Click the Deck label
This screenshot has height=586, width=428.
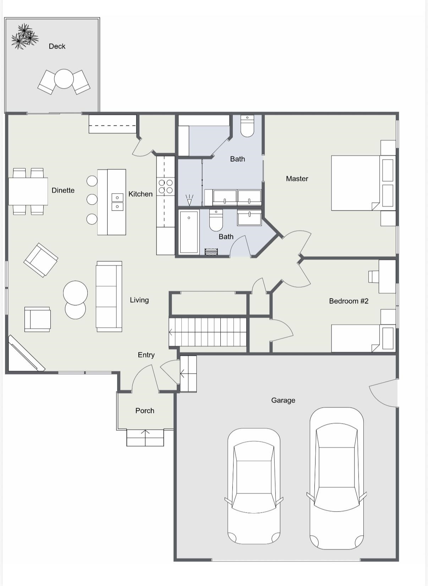[57, 46]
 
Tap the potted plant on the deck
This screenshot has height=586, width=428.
[24, 37]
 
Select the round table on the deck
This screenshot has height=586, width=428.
[64, 78]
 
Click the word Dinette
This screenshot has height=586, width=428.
[63, 190]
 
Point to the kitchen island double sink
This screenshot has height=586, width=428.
[117, 202]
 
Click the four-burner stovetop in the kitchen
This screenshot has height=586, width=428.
[165, 186]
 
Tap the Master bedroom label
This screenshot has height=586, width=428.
[297, 179]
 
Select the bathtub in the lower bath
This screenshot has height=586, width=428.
[189, 232]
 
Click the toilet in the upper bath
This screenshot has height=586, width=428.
[247, 126]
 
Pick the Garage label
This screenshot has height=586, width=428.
[283, 400]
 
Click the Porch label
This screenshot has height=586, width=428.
[144, 411]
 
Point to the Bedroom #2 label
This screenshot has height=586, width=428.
[349, 301]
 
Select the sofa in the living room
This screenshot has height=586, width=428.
[109, 296]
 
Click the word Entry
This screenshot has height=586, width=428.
[146, 355]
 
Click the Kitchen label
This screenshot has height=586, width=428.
[141, 194]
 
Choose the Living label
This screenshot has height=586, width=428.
[139, 300]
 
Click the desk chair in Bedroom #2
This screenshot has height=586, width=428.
[373, 277]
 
